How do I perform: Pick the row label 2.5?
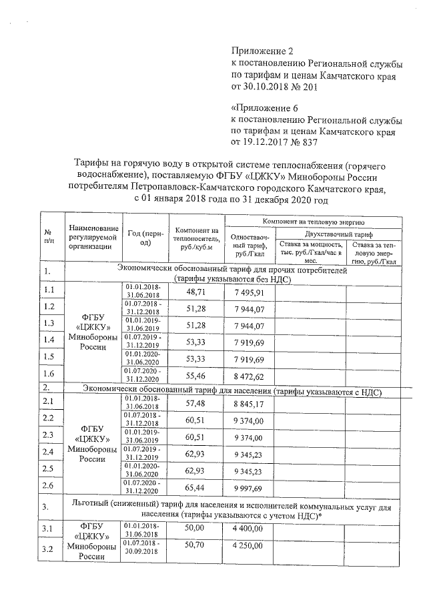pyautogui.click(x=49, y=469)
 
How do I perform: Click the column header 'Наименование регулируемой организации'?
pyautogui.click(x=93, y=238)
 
